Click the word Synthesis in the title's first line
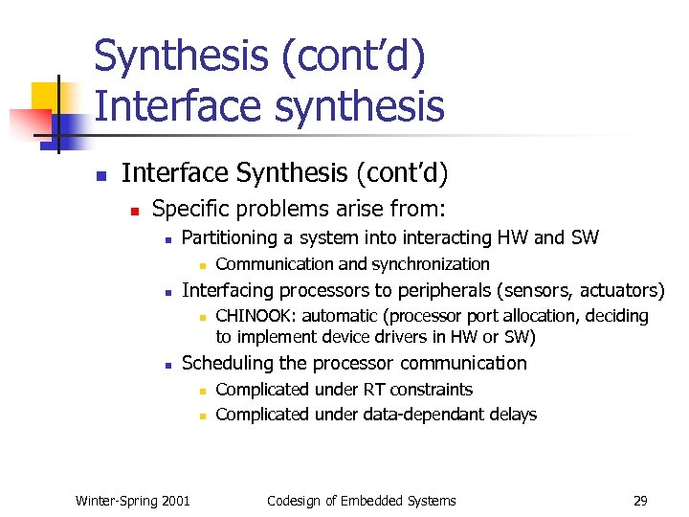tap(183, 56)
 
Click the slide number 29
tap(641, 500)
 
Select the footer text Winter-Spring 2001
tap(132, 500)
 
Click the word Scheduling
tap(226, 363)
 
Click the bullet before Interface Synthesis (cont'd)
tap(99, 175)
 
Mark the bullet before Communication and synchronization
tap(202, 265)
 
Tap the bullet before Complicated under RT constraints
tap(202, 391)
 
